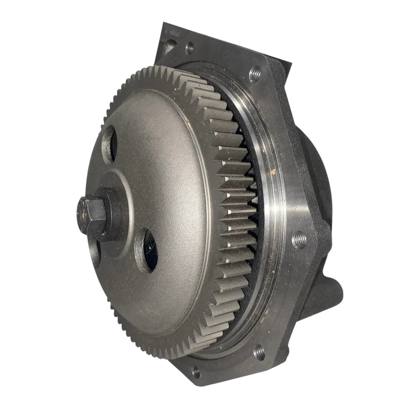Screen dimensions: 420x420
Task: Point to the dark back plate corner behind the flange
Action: pos(277,55)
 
